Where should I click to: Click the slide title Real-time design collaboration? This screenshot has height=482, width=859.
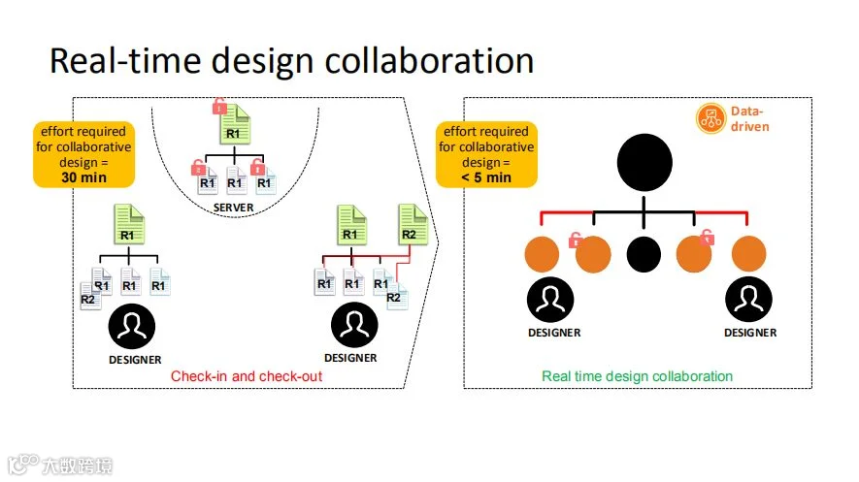[x=291, y=60]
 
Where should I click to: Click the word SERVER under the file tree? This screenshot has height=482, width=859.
[x=234, y=207]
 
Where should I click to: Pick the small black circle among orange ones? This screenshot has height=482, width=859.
[x=643, y=254]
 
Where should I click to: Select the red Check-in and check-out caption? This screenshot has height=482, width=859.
[x=246, y=376]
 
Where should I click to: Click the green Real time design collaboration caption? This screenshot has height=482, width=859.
[x=637, y=376]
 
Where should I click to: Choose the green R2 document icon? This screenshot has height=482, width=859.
[x=411, y=224]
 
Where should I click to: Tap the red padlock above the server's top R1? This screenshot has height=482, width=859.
[x=219, y=106]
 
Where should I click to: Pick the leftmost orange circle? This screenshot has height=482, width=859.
[x=543, y=255]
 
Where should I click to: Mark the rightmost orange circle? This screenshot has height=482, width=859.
[x=748, y=255]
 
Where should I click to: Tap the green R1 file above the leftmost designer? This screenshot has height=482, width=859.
[x=127, y=224]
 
